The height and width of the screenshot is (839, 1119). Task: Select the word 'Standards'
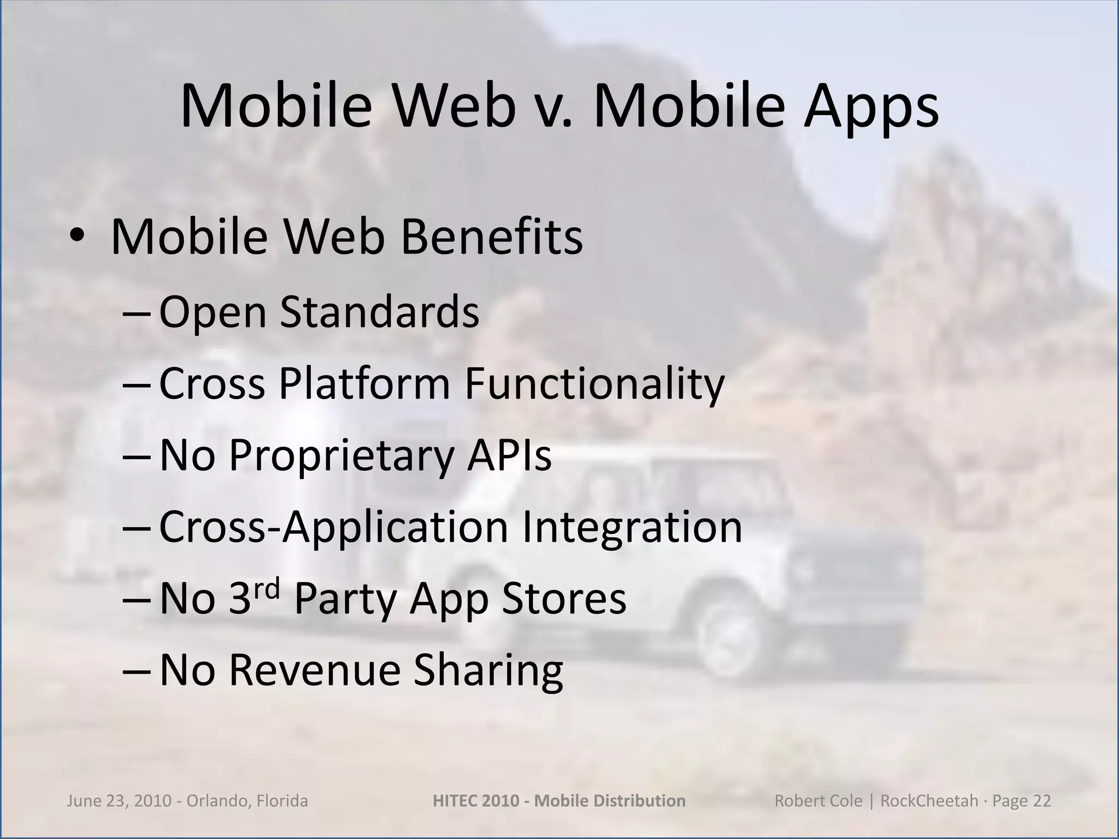(x=380, y=311)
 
